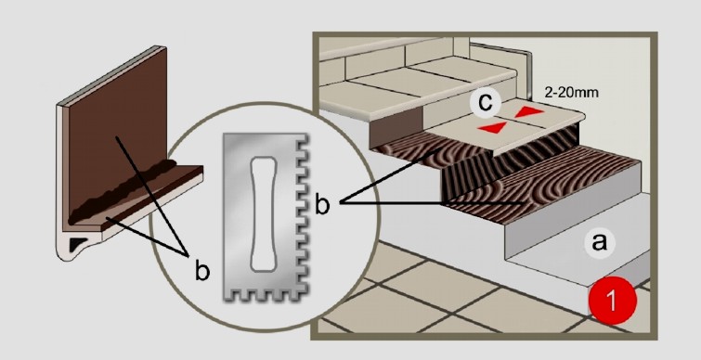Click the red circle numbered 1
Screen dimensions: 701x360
pyautogui.click(x=612, y=300)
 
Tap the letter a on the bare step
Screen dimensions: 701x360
pyautogui.click(x=600, y=243)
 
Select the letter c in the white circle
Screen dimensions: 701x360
pyautogui.click(x=485, y=103)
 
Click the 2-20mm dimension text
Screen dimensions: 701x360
pyautogui.click(x=571, y=93)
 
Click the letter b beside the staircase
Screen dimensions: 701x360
pyautogui.click(x=323, y=203)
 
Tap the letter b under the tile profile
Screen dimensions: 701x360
pyautogui.click(x=201, y=269)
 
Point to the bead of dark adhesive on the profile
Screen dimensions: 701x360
pyautogui.click(x=123, y=191)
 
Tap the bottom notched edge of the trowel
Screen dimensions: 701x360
pyautogui.click(x=264, y=295)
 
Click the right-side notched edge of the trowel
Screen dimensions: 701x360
pyautogui.click(x=302, y=214)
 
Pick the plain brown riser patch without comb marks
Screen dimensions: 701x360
pyautogui.click(x=399, y=127)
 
